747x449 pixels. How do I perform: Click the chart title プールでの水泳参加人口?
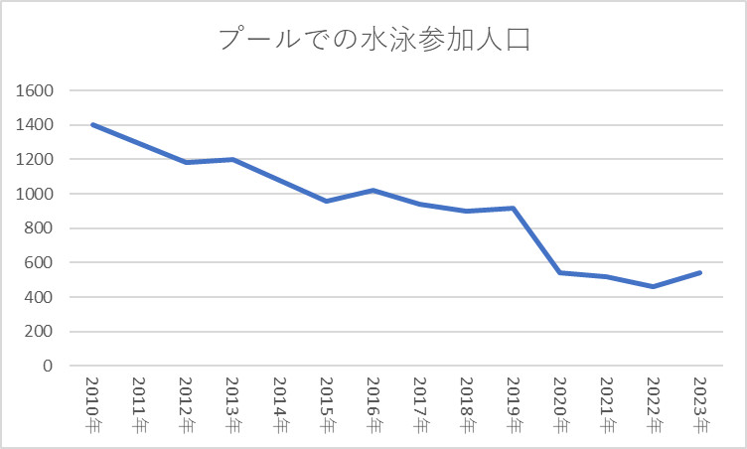[373, 41]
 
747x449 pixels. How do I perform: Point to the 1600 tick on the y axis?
[35, 90]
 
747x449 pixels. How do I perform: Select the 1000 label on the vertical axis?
[35, 194]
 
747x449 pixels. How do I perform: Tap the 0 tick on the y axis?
[46, 366]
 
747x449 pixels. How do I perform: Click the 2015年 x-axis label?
[327, 406]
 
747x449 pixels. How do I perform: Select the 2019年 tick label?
[513, 406]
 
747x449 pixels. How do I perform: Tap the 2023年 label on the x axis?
[699, 406]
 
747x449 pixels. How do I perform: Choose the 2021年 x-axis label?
[606, 406]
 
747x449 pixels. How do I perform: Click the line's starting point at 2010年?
[92, 125]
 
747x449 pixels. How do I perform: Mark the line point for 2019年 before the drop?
[513, 208]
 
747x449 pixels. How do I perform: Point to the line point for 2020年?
[559, 272]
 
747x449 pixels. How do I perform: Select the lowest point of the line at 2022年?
[653, 286]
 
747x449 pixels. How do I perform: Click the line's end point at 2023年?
[699, 272]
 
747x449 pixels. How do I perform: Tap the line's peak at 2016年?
[373, 190]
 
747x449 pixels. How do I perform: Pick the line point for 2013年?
[232, 159]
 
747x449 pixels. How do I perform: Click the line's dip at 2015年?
[326, 201]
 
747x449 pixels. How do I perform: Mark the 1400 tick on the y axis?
[35, 125]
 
